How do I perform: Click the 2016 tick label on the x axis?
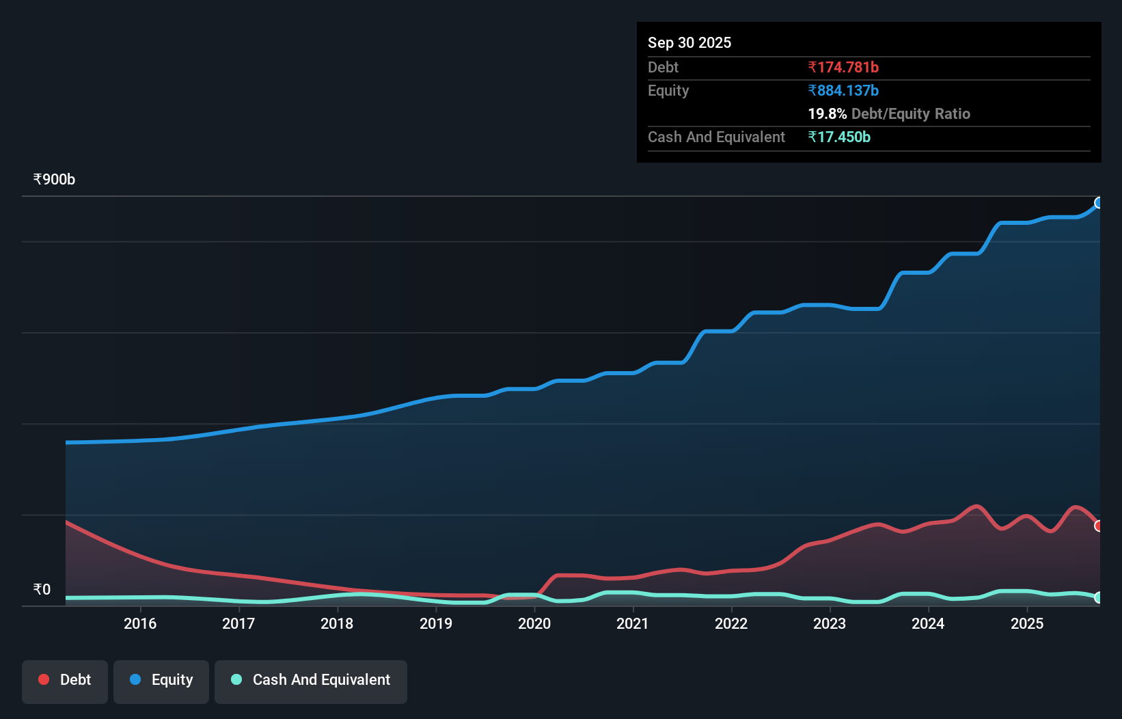pyautogui.click(x=140, y=623)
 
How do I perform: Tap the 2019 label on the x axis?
pyautogui.click(x=436, y=623)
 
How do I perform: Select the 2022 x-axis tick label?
pyautogui.click(x=731, y=623)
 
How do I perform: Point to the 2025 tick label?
pyautogui.click(x=1027, y=623)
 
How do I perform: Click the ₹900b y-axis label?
pyautogui.click(x=54, y=180)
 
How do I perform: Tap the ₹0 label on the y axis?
pyautogui.click(x=42, y=589)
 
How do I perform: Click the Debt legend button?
pyautogui.click(x=65, y=680)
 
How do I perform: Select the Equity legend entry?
pyautogui.click(x=161, y=680)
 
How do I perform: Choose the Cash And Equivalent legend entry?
pyautogui.click(x=311, y=680)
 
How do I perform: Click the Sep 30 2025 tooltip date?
pyautogui.click(x=689, y=42)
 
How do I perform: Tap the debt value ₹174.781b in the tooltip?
pyautogui.click(x=843, y=67)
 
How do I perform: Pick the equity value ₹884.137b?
pyautogui.click(x=843, y=90)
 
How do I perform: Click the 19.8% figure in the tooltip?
pyautogui.click(x=827, y=113)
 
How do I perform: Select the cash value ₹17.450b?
pyautogui.click(x=839, y=137)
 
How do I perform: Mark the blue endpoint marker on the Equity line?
pyautogui.click(x=1099, y=202)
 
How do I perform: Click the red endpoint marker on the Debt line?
pyautogui.click(x=1099, y=526)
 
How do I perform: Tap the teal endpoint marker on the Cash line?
pyautogui.click(x=1099, y=597)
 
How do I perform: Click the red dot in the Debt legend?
pyautogui.click(x=44, y=679)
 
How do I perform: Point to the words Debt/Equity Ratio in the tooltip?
pyautogui.click(x=910, y=113)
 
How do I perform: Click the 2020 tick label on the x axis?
pyautogui.click(x=534, y=623)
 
